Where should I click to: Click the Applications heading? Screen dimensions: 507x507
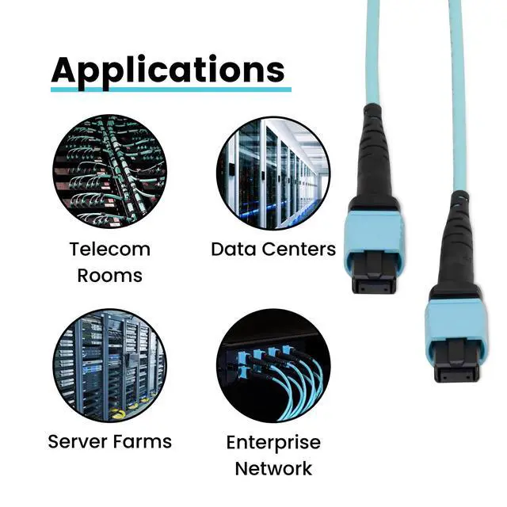[x=168, y=70]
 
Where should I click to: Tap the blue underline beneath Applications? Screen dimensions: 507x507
[x=171, y=88]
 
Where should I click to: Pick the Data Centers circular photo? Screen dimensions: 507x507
[x=273, y=173]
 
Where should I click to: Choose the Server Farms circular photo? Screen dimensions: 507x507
[x=109, y=365]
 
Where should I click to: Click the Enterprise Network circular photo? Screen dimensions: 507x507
[x=273, y=365]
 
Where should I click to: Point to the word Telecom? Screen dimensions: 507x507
[x=109, y=250]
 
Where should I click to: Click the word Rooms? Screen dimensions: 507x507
[x=109, y=276]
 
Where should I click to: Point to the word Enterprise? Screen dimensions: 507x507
[x=273, y=442]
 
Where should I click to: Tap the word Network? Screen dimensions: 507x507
[x=273, y=468]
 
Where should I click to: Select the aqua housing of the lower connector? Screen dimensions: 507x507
[x=456, y=318]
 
